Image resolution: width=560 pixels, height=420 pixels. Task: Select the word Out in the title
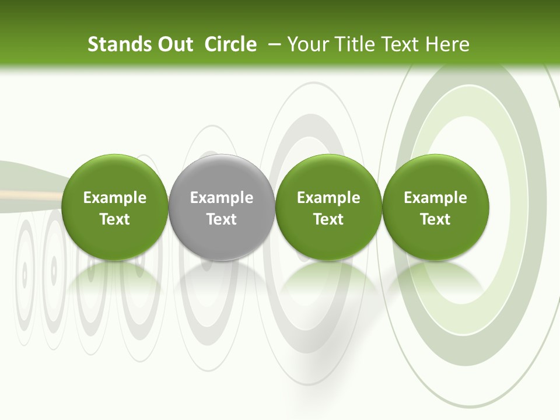point(174,44)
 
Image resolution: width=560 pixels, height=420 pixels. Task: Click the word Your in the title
point(307,44)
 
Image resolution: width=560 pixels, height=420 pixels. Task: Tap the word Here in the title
point(447,44)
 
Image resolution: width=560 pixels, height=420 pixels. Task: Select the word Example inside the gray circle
point(222,198)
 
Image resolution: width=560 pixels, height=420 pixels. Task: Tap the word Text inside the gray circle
point(222,219)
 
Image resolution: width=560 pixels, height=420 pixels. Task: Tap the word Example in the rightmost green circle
point(436,198)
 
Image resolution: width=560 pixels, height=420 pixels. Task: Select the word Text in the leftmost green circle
point(115,219)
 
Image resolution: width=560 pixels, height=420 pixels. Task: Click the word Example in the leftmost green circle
point(115,198)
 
